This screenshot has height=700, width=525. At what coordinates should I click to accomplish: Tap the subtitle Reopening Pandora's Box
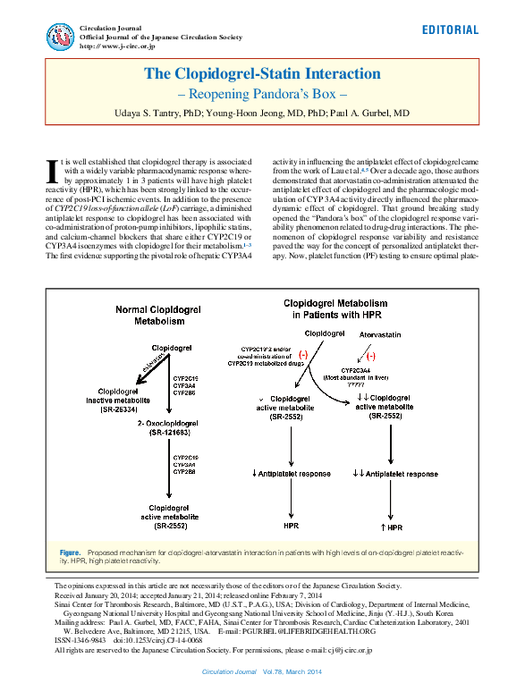[263, 94]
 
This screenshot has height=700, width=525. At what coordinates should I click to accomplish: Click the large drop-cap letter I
[50, 171]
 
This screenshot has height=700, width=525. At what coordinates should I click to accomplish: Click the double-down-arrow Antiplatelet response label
[394, 473]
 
